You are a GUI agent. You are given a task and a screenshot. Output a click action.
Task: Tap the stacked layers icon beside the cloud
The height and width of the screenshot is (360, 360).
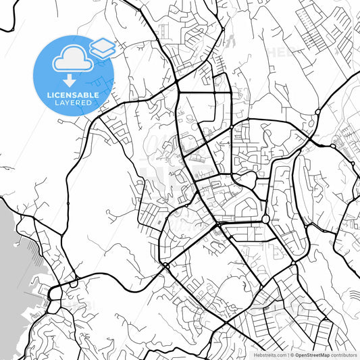pyautogui.click(x=102, y=47)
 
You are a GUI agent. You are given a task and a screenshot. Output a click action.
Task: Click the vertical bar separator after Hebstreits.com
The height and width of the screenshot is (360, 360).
pyautogui.click(x=286, y=354)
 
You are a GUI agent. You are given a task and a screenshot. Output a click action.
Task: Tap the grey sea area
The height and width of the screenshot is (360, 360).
pyautogui.click(x=10, y=270)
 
